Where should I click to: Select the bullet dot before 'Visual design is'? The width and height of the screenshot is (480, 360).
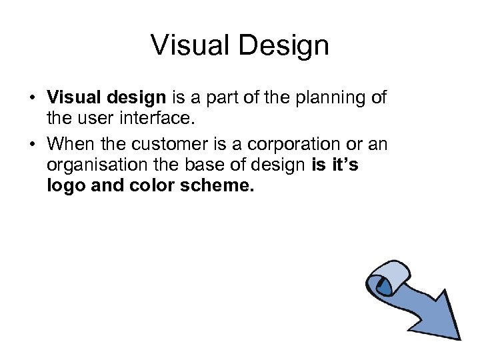pyautogui.click(x=32, y=99)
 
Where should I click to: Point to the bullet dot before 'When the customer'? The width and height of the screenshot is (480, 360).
pyautogui.click(x=32, y=144)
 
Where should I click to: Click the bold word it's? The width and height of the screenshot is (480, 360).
pyautogui.click(x=344, y=165)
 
